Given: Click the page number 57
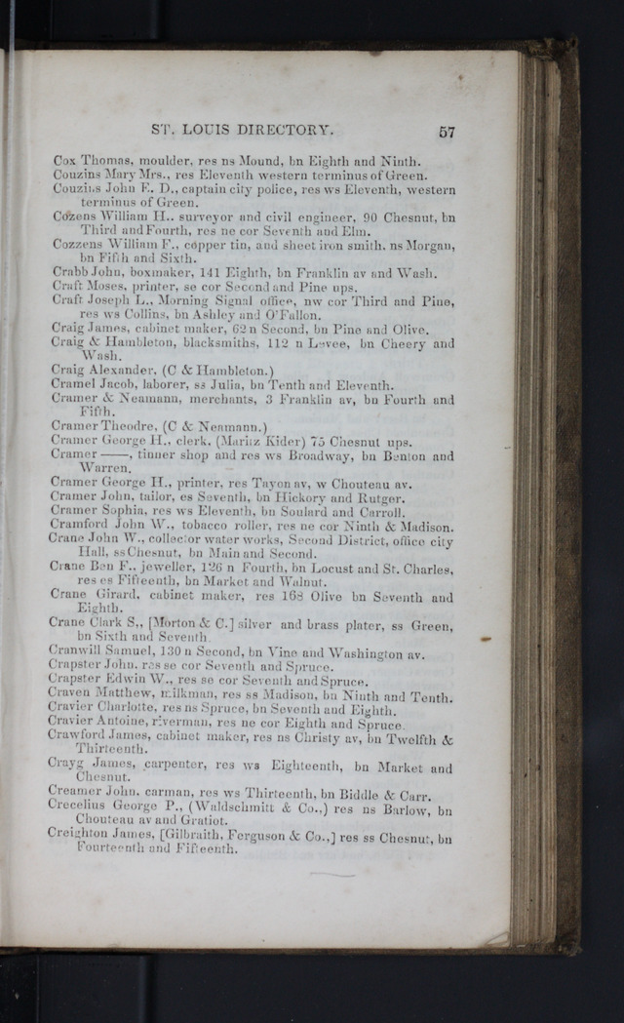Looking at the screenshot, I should [447, 132].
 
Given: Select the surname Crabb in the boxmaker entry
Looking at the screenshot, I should [69, 273].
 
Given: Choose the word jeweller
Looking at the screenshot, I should [146, 569].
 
